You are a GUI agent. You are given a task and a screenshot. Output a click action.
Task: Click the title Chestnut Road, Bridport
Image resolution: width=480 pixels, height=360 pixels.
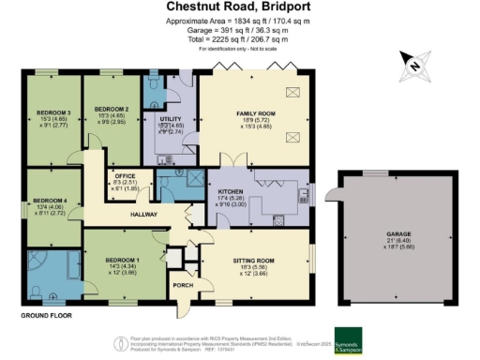point(239,8)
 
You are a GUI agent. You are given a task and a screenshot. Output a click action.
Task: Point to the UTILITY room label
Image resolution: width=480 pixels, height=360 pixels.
point(170,120)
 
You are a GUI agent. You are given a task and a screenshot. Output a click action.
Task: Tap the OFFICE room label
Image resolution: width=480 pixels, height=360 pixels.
point(125,175)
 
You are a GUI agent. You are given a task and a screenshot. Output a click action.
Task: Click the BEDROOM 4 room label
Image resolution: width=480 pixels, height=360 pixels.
point(52,201)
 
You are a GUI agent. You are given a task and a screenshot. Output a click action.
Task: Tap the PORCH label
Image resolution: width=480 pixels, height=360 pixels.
point(182,284)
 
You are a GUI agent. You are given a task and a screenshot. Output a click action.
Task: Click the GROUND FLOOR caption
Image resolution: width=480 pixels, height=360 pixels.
point(47,316)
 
